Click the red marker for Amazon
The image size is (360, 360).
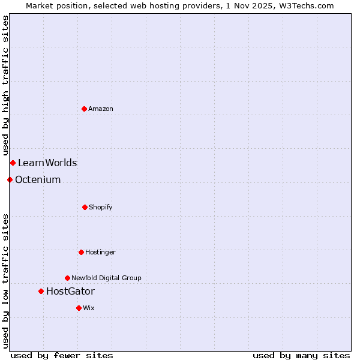84,109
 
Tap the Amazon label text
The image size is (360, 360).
101,109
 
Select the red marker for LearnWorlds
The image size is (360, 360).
13,163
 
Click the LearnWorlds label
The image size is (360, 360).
47,163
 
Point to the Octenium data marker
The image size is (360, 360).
10,179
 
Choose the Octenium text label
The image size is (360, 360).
38,179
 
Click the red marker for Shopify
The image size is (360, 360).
85,207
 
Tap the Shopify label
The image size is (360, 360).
101,207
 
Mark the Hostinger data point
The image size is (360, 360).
81,252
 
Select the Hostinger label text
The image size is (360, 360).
100,252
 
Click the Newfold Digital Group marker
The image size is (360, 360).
67,278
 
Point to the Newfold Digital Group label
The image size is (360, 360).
106,278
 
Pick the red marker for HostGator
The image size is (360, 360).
41,291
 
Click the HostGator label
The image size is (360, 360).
70,291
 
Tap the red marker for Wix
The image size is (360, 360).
79,308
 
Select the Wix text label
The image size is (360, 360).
89,308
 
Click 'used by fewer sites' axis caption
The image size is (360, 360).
62,355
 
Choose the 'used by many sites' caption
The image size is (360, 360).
301,355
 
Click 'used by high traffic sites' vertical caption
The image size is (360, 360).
5,86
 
